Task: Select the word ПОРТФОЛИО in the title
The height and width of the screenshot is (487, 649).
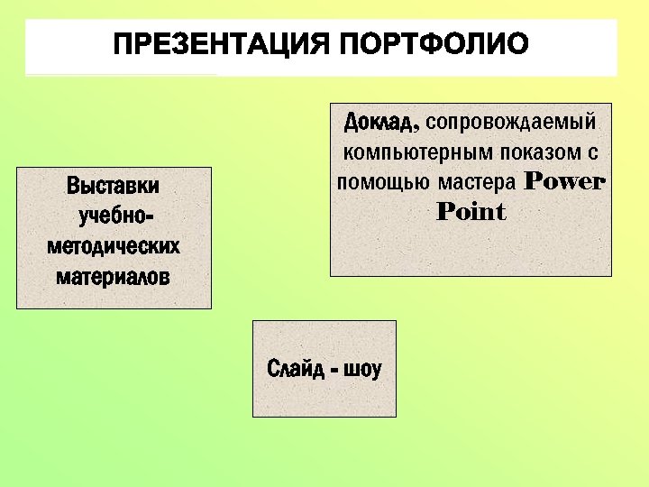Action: pos(435,44)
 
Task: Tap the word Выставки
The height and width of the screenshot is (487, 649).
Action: pos(113,187)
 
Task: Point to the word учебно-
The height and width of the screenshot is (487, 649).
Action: pos(113,216)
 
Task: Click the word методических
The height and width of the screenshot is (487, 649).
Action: pos(113,246)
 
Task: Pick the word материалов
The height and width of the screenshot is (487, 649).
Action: pos(113,276)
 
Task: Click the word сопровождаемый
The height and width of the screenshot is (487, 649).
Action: pos(512,121)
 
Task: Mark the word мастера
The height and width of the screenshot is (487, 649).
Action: pos(477,181)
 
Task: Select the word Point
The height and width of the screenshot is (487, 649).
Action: pos(471,212)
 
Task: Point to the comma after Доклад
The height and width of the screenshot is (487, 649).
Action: pos(418,127)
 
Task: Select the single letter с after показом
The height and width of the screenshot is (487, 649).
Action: pos(594,152)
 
